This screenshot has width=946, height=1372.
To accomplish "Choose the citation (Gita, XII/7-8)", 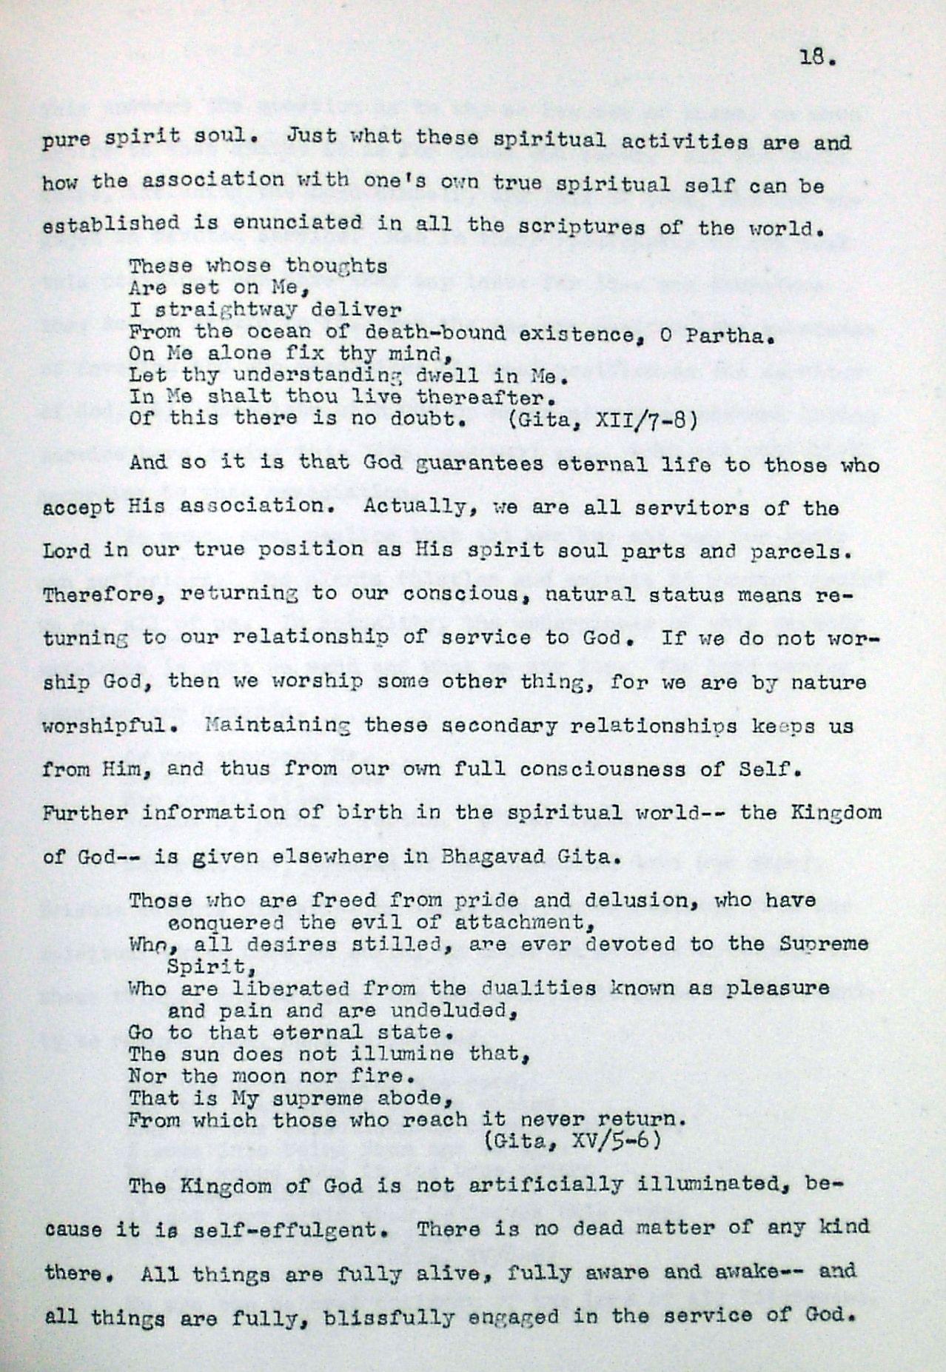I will coord(603,419).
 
